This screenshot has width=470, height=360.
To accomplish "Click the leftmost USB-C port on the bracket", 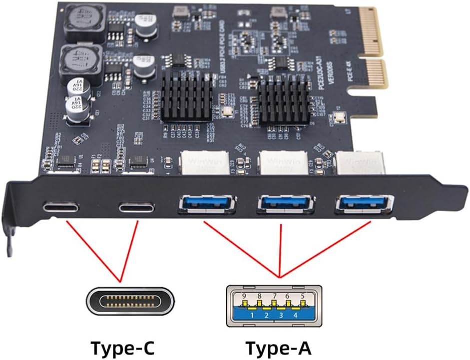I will coord(60,206).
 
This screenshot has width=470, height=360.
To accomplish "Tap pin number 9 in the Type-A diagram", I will coord(244,296).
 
